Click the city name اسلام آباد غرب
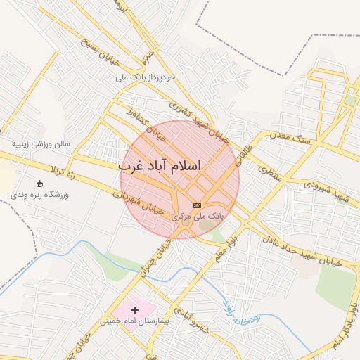pyautogui.click(x=160, y=166)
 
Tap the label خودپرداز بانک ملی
pyautogui.click(x=155, y=75)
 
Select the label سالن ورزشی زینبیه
pyautogui.click(x=41, y=143)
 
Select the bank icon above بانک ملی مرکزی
pyautogui.click(x=196, y=205)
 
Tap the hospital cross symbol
pyautogui.click(x=134, y=310)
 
